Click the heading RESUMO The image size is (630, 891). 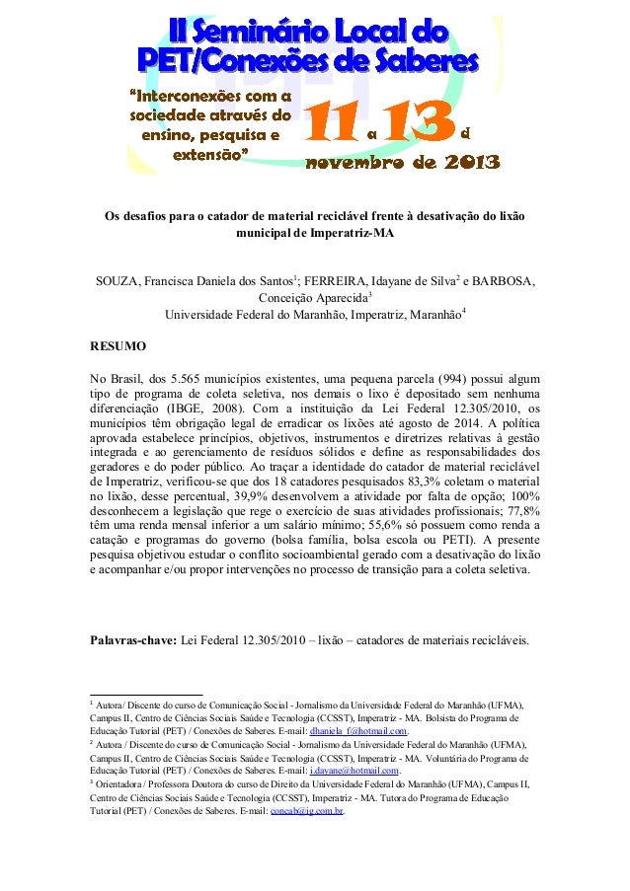(x=118, y=346)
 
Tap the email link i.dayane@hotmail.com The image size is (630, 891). (x=354, y=770)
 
